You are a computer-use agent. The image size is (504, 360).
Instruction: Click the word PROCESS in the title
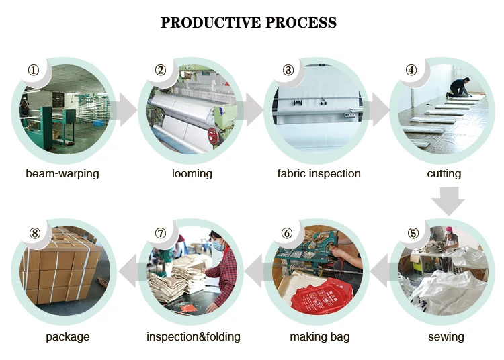301,23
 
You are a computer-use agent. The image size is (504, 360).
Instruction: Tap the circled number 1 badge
33,70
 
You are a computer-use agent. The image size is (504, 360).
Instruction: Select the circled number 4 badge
411,70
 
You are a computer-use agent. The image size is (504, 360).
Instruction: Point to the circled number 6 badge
287,233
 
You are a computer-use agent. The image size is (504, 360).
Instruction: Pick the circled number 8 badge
35,233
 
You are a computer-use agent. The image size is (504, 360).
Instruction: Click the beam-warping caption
62,173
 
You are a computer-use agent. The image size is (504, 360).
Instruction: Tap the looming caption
192,173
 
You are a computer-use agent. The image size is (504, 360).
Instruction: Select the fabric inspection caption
319,173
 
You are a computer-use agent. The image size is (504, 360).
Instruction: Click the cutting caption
444,173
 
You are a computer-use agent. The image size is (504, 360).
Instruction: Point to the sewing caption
446,336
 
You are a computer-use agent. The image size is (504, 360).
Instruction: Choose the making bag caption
320,336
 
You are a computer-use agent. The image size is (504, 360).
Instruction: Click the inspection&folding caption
194,336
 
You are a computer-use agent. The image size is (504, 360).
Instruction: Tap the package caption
67,336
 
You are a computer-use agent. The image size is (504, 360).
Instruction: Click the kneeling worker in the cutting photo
459,87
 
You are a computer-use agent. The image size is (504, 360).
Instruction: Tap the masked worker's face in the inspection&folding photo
216,244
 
